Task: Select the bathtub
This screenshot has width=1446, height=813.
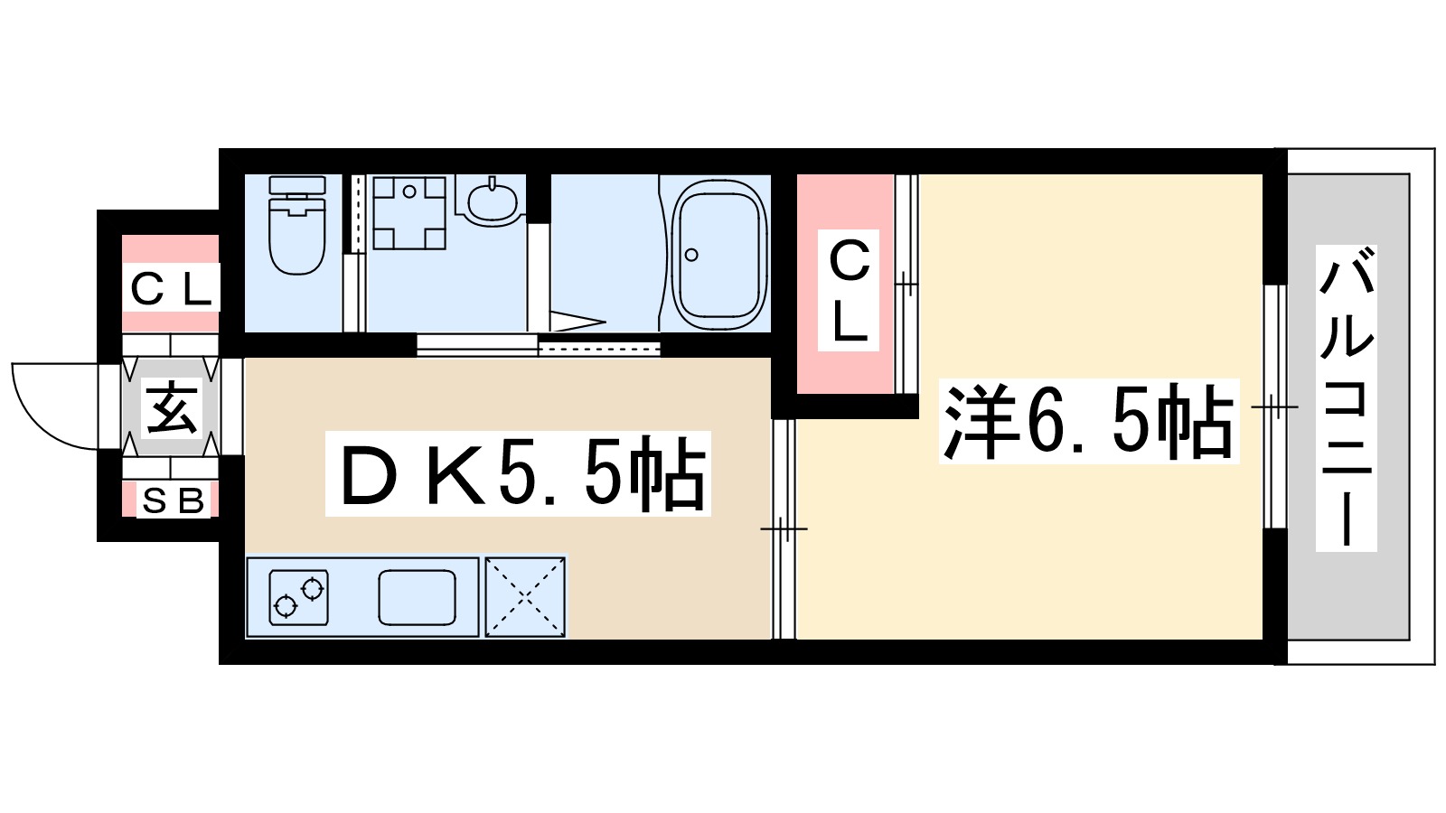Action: (718, 255)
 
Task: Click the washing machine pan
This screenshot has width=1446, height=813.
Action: (409, 212)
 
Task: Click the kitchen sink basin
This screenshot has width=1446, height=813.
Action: (417, 598)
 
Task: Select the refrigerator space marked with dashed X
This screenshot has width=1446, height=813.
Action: (525, 597)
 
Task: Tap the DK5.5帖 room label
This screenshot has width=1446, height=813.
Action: (519, 474)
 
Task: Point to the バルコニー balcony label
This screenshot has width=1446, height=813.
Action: (1346, 397)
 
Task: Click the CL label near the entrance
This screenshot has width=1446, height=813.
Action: (171, 289)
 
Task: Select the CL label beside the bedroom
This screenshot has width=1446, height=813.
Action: (849, 289)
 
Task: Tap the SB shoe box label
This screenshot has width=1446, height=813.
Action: (173, 500)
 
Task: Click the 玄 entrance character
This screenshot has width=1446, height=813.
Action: (172, 407)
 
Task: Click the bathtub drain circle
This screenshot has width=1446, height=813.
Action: (691, 255)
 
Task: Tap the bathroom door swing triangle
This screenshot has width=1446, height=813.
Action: (574, 320)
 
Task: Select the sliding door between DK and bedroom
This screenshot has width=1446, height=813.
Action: (784, 528)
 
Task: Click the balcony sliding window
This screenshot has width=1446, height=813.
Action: (1274, 406)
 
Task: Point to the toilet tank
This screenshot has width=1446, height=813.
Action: (296, 186)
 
